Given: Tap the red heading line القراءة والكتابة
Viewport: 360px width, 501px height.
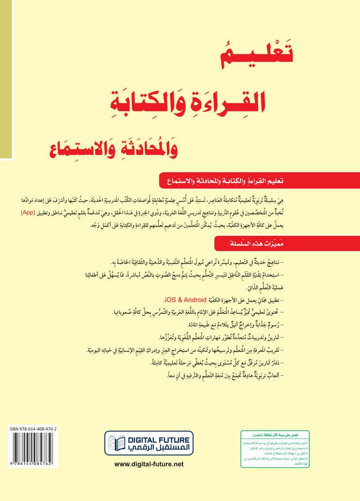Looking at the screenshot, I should [232, 101].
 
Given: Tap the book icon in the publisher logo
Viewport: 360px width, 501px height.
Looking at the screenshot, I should [116, 443].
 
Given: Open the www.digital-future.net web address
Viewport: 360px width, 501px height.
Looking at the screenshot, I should [149, 464].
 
